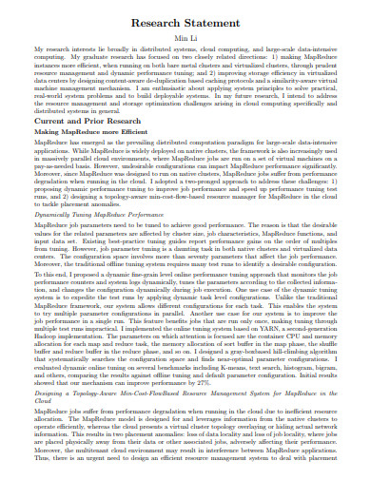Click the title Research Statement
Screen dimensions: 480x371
tap(185, 21)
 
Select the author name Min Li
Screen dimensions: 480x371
tap(185, 35)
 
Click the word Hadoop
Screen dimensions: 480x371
tap(44, 336)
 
